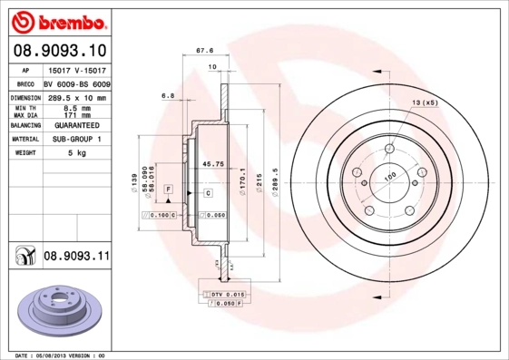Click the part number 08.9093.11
(76, 258)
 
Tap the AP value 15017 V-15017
(76, 69)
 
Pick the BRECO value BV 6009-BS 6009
(76, 83)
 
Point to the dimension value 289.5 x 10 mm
(76, 97)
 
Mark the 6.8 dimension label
(168, 94)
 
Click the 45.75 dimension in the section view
(213, 163)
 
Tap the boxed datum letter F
(169, 188)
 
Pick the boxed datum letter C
(207, 193)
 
